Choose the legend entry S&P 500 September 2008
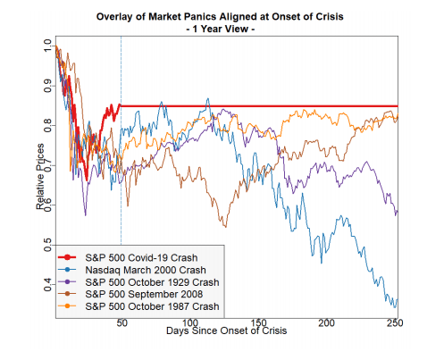click(147, 294)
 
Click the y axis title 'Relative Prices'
click(41, 179)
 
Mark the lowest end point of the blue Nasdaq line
click(394, 306)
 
